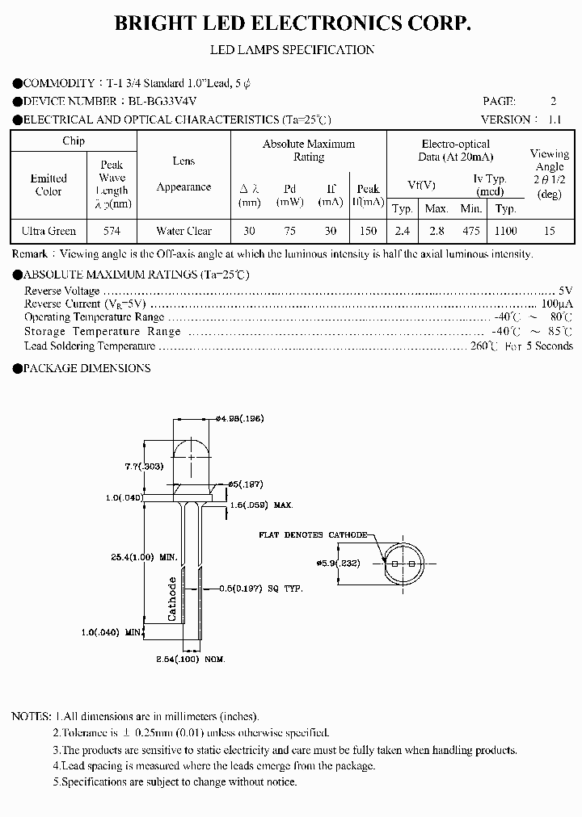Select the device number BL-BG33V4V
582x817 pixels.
162,101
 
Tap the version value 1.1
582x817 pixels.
554,119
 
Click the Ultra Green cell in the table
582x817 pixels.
49,231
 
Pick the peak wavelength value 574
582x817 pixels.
112,231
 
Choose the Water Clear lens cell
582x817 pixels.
183,231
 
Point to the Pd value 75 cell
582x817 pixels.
290,231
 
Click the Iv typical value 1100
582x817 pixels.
505,231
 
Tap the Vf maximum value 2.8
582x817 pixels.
436,231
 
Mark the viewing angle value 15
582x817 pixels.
550,231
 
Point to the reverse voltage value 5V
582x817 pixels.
565,291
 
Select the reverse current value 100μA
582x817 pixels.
557,304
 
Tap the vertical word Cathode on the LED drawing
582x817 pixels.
172,598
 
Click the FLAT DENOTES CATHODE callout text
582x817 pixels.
313,535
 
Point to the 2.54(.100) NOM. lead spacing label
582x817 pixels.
188,660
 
